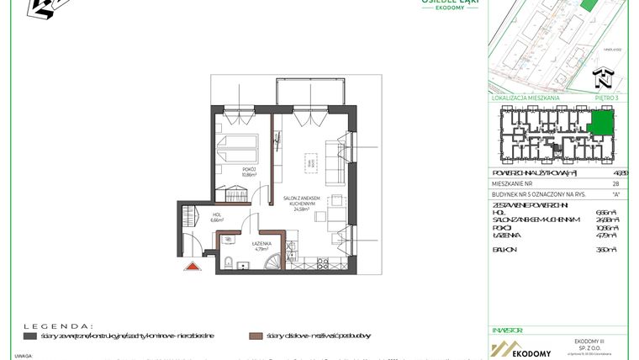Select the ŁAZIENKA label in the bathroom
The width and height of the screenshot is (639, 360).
point(261,245)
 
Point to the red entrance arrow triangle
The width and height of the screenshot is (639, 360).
point(192,267)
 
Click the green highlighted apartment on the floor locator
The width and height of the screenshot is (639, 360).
point(601,125)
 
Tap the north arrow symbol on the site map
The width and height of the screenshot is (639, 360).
point(602,80)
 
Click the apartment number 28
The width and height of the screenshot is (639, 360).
point(615,183)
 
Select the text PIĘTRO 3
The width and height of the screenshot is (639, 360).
point(606,98)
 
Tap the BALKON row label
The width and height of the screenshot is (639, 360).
point(507,251)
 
